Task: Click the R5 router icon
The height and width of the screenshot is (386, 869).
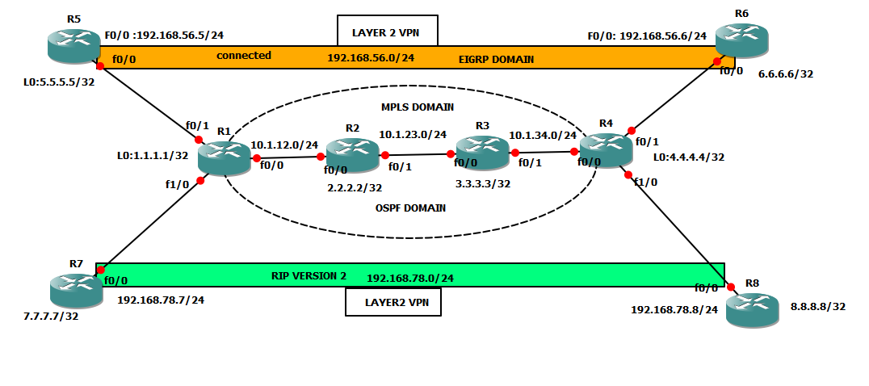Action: [x=73, y=46]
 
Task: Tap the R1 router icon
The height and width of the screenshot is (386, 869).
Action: [x=224, y=157]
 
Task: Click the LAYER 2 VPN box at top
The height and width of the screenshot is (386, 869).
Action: [x=388, y=33]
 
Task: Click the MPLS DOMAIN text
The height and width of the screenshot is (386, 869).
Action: [x=417, y=107]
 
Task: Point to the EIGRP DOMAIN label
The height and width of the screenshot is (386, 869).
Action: [x=496, y=59]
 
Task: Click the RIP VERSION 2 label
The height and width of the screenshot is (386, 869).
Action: [x=309, y=276]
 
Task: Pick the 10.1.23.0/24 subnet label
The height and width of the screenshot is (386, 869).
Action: [x=413, y=134]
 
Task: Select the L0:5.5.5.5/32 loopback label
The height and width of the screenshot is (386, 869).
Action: [x=59, y=82]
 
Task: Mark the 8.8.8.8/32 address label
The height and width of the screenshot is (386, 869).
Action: [x=817, y=306]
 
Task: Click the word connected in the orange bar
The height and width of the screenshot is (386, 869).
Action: [x=244, y=56]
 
